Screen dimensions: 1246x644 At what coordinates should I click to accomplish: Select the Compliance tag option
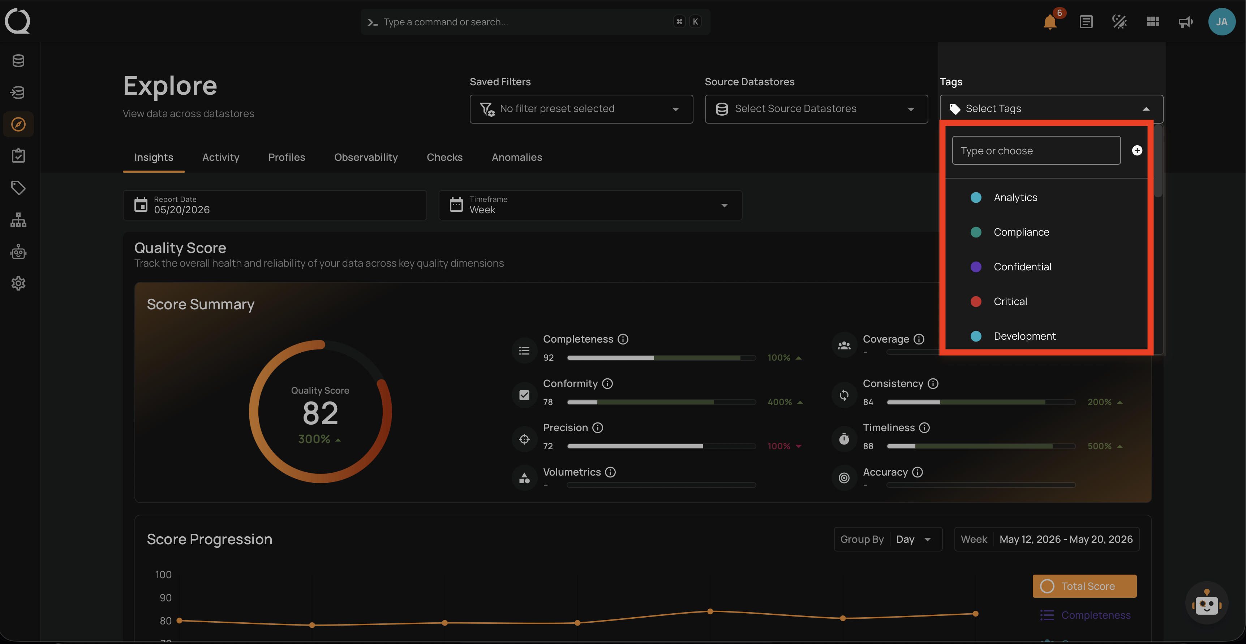coord(1021,232)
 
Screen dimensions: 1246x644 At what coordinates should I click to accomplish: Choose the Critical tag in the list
coord(1010,301)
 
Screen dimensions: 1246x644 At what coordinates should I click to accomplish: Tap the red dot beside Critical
coord(976,301)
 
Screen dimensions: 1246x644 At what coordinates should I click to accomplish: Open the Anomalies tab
coord(517,157)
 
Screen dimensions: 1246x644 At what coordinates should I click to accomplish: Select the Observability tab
coord(366,157)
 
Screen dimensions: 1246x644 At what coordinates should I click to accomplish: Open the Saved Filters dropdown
coord(581,109)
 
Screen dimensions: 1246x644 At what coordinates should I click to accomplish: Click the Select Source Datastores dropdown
coord(816,109)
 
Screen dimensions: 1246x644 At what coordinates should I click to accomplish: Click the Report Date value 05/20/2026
coord(182,210)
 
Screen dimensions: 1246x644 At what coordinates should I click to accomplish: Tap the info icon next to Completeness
coord(623,339)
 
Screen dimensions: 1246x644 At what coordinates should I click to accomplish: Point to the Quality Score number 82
coord(320,414)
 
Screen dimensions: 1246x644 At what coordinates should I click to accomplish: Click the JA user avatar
coord(1221,22)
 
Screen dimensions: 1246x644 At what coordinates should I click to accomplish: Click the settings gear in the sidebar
coord(18,284)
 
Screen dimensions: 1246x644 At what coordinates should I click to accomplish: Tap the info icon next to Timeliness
coord(924,428)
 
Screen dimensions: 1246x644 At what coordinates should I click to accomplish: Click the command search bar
coord(535,22)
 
